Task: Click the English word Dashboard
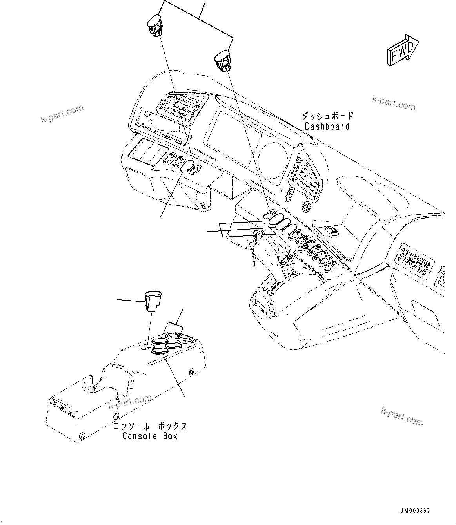tap(327, 127)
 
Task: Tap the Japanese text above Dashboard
tap(327, 116)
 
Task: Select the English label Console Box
tap(150, 436)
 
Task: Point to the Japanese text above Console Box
tap(150, 426)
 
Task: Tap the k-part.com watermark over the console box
tap(130, 401)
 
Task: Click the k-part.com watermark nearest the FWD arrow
tap(393, 103)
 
